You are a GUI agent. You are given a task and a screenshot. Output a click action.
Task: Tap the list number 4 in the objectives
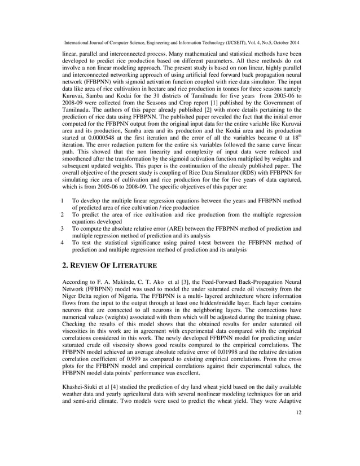[x=62, y=242]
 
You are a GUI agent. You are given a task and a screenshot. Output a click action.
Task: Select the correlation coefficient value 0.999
[x=135, y=356]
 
